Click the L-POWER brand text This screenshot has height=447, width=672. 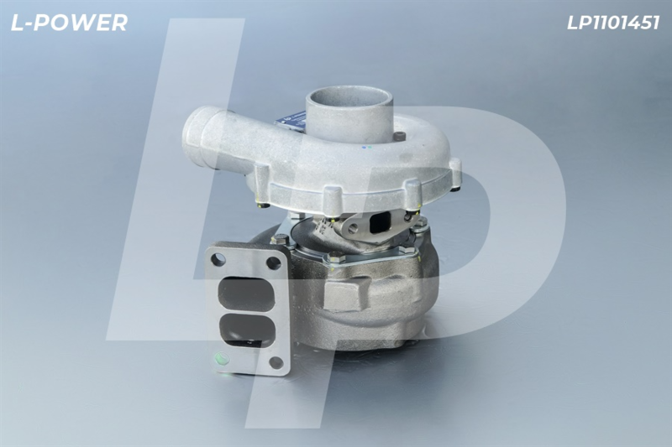[x=69, y=23]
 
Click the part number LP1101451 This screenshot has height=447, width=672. [x=613, y=23]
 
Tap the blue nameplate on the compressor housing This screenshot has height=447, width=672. [x=291, y=121]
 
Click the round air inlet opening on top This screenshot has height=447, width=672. [x=349, y=96]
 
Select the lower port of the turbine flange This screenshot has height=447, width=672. [x=247, y=330]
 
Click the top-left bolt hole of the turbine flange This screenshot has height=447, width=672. [x=218, y=259]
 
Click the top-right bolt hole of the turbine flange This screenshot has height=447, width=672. [x=273, y=262]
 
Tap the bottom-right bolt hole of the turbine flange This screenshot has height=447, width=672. [x=276, y=363]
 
